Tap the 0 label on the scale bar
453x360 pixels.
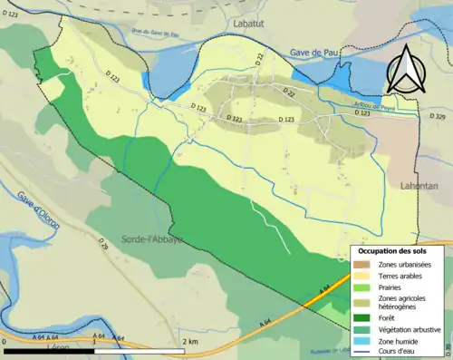5,341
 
